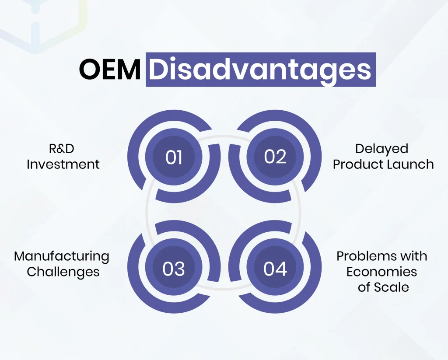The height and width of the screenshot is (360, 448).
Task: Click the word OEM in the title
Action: click(x=110, y=70)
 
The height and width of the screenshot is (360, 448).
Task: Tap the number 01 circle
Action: click(x=174, y=157)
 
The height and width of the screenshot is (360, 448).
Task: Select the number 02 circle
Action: click(x=275, y=157)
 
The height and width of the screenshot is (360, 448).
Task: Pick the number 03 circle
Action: click(x=174, y=269)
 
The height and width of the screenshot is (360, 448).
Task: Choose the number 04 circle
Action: click(x=275, y=269)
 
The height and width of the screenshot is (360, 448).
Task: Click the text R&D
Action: click(x=62, y=149)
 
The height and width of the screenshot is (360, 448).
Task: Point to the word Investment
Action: click(x=63, y=164)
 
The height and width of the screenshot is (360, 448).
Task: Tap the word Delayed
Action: click(x=381, y=149)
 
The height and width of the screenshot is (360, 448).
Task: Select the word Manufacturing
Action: click(x=62, y=256)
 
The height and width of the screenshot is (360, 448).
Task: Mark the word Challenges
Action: click(x=63, y=272)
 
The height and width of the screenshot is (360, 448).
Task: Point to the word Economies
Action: click(x=381, y=272)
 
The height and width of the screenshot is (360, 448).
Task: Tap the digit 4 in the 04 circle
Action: click(x=281, y=269)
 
